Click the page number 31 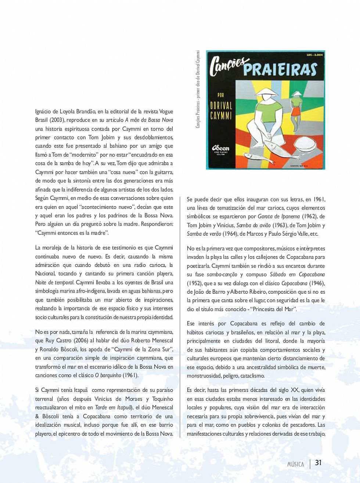[x=318, y=463]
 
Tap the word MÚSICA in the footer [x=296, y=464]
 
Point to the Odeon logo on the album [x=221, y=149]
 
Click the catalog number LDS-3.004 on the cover [x=314, y=55]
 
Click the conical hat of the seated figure [x=267, y=92]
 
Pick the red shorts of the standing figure [x=296, y=111]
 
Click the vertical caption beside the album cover [x=198, y=89]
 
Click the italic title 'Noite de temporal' [x=54, y=283]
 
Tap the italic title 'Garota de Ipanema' [x=278, y=217]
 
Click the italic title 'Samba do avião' [x=253, y=225]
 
